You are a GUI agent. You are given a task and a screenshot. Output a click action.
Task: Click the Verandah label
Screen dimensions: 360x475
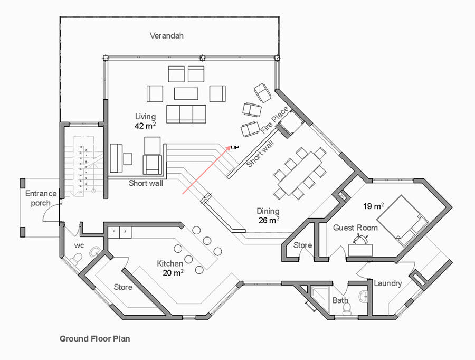pyautogui.click(x=166, y=36)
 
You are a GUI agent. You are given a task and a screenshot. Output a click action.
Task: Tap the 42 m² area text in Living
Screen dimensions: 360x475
pyautogui.click(x=145, y=126)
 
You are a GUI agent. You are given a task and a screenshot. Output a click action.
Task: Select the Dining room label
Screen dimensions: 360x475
pyautogui.click(x=268, y=211)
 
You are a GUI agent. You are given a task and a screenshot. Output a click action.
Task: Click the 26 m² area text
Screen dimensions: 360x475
pyautogui.click(x=269, y=220)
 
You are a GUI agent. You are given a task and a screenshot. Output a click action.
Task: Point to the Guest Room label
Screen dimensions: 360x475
pyautogui.click(x=355, y=228)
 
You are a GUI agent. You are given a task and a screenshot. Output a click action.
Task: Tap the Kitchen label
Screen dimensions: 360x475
pyautogui.click(x=170, y=263)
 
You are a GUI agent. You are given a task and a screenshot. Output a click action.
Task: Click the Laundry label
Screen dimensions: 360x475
pyautogui.click(x=388, y=283)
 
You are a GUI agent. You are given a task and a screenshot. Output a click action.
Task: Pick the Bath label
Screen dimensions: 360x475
pyautogui.click(x=340, y=300)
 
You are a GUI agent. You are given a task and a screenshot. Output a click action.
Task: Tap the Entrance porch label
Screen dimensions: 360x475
pyautogui.click(x=41, y=198)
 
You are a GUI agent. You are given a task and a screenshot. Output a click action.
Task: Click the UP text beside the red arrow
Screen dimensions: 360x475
pyautogui.click(x=235, y=147)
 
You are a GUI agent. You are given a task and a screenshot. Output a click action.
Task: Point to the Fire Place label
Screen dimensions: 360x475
pyautogui.click(x=274, y=120)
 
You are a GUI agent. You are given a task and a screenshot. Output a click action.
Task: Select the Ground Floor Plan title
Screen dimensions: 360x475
pyautogui.click(x=94, y=338)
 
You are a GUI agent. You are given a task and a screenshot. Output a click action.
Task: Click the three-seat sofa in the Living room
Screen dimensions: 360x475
pyautogui.click(x=186, y=113)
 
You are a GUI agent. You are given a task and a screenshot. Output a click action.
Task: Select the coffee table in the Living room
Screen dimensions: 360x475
pyautogui.click(x=186, y=93)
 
